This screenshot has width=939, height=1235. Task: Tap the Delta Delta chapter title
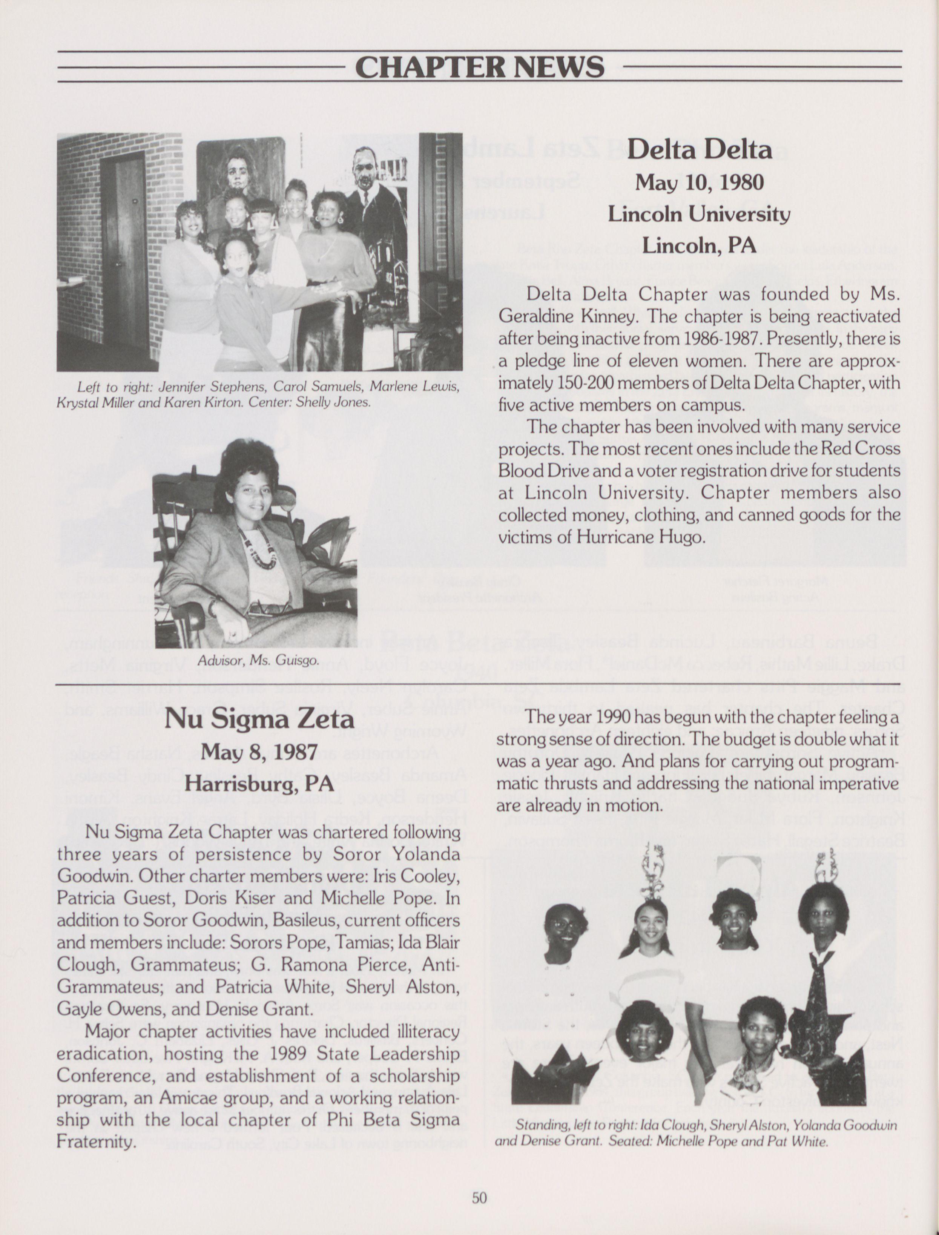(x=699, y=150)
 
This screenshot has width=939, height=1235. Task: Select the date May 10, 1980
(x=699, y=182)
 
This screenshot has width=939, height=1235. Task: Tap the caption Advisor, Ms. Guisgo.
(x=258, y=661)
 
